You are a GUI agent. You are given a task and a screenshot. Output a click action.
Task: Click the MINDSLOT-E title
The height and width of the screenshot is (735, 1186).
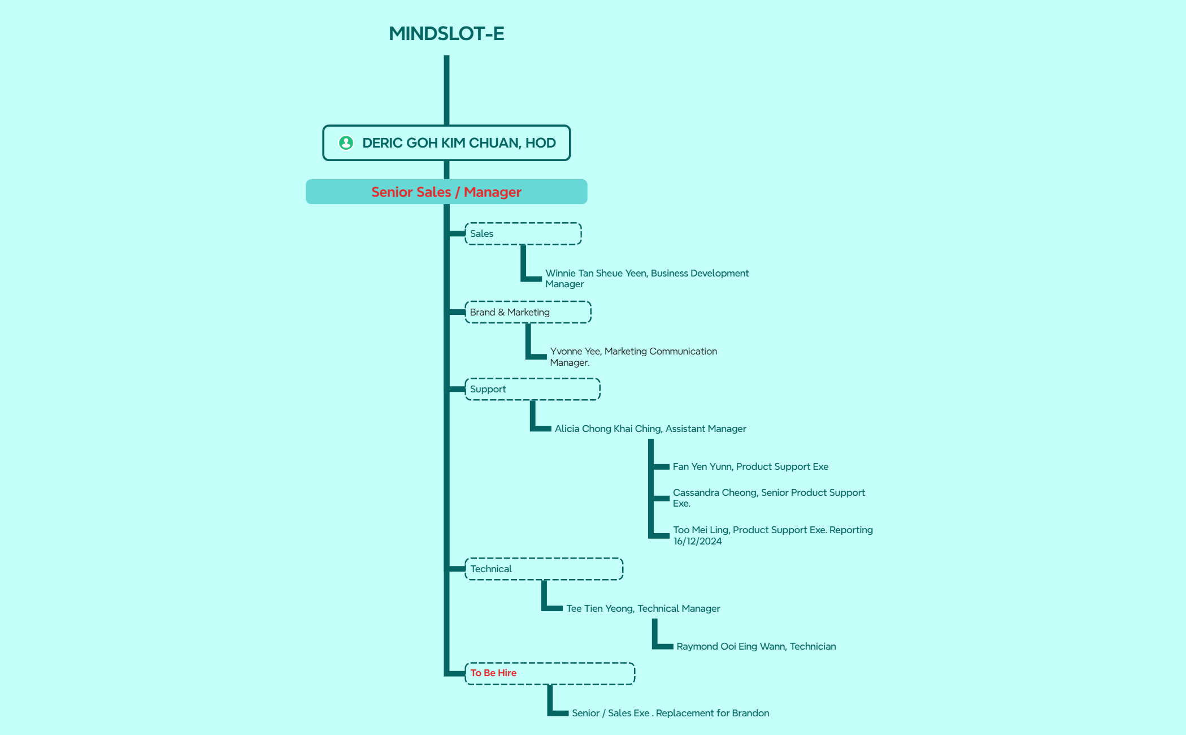coord(446,33)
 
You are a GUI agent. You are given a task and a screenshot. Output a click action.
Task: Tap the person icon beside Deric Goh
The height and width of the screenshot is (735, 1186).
coord(346,143)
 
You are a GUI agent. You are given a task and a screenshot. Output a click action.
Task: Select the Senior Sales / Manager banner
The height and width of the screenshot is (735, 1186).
coord(446,192)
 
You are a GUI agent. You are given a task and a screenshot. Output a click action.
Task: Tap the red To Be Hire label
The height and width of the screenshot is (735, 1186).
coord(493,673)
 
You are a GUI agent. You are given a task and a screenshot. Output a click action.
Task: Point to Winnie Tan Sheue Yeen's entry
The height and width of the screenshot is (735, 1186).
coord(647,278)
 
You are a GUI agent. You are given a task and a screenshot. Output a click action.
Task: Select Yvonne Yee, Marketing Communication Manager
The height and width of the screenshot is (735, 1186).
coord(633,357)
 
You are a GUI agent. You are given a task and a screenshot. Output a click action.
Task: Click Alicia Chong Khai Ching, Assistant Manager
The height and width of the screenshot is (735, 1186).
coord(650,429)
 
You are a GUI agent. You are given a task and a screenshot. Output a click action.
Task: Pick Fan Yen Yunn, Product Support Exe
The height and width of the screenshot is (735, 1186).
coord(750,466)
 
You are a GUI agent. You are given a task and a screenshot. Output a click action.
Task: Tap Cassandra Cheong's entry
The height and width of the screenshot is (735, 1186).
coord(768,498)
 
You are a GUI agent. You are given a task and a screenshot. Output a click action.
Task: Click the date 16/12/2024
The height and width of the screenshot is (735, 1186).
coord(697,541)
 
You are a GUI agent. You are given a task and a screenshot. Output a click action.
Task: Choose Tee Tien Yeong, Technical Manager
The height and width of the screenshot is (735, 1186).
coord(643,608)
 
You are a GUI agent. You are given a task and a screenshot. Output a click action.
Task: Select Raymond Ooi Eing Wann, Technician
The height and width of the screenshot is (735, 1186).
coord(756,646)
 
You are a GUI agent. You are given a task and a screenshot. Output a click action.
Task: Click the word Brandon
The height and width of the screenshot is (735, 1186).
coord(750,713)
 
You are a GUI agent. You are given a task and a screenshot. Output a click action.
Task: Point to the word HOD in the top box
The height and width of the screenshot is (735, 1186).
coord(541,143)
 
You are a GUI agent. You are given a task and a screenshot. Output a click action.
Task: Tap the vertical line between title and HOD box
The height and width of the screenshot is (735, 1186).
coord(446,90)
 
